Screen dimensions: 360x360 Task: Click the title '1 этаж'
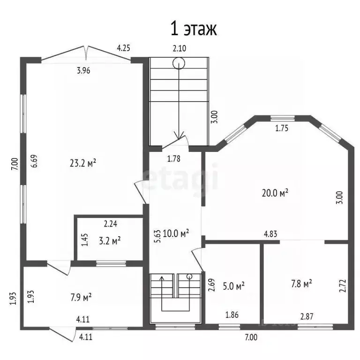coord(193,29)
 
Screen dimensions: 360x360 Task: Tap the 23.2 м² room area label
coord(83,163)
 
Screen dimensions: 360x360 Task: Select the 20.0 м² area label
coord(274,192)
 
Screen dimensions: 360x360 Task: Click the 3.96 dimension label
coord(83,71)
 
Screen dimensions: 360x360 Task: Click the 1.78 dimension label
coord(174,158)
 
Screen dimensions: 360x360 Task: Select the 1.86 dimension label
coord(232,315)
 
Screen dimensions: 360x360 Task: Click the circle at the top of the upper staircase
coord(178,62)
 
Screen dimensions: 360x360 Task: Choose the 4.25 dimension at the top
coord(123,47)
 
